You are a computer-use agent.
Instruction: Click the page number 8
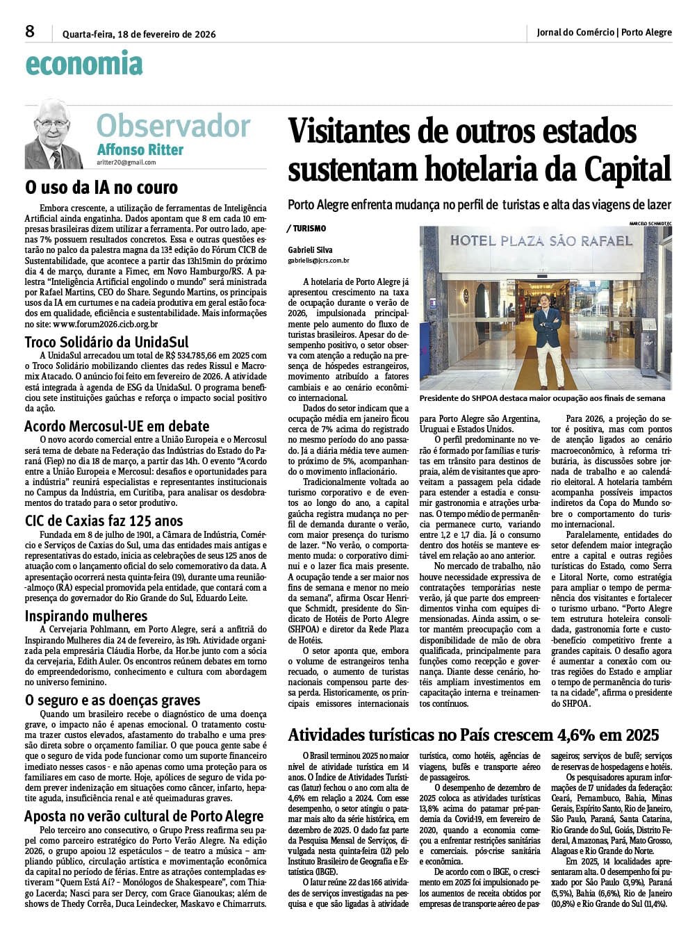(30, 32)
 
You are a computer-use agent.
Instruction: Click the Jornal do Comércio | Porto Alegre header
(604, 32)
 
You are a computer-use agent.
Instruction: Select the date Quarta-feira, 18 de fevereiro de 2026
(139, 34)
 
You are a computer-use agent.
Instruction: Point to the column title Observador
(173, 126)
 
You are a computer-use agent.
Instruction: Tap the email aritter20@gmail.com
(126, 163)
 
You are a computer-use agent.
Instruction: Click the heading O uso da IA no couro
(101, 187)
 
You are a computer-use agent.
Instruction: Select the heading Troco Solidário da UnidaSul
(106, 342)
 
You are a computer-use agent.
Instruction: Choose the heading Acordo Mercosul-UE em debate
(117, 426)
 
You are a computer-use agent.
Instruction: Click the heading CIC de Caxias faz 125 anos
(104, 521)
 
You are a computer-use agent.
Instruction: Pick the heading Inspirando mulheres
(86, 616)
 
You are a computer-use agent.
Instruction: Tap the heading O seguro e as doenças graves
(113, 700)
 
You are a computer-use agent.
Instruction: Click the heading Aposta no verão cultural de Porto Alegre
(144, 816)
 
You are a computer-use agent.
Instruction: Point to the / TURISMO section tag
(306, 229)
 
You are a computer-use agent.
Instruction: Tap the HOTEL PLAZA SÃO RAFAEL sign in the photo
(541, 241)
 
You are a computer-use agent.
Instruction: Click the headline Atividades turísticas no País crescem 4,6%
(473, 735)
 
